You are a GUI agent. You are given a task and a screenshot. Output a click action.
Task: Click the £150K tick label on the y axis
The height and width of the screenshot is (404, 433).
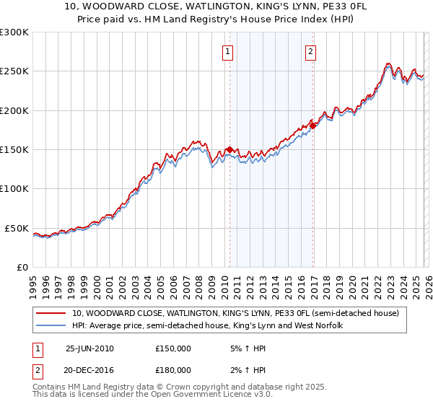pos(14,150)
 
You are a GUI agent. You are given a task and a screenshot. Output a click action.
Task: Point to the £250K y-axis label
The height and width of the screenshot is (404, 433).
pos(14,71)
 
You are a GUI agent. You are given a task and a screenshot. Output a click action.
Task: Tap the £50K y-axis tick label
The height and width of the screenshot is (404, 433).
pos(17,228)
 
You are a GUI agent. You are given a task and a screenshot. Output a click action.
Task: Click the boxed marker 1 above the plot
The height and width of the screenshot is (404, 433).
pos(228,51)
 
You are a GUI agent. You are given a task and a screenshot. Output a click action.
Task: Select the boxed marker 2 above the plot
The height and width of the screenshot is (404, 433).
pos(310,51)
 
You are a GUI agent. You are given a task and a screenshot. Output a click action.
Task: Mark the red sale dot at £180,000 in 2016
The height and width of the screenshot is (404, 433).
pos(313,126)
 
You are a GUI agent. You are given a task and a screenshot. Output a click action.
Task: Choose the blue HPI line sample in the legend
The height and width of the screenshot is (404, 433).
pos(51,325)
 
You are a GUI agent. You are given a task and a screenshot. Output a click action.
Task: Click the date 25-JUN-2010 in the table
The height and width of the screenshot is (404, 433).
pos(89,348)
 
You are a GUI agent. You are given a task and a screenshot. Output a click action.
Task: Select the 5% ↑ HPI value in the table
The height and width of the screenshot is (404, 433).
pos(248,348)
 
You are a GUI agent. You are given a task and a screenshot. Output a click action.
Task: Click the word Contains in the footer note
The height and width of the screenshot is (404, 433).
pos(50,388)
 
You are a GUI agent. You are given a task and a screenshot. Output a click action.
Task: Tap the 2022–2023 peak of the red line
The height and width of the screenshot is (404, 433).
pos(388,63)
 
